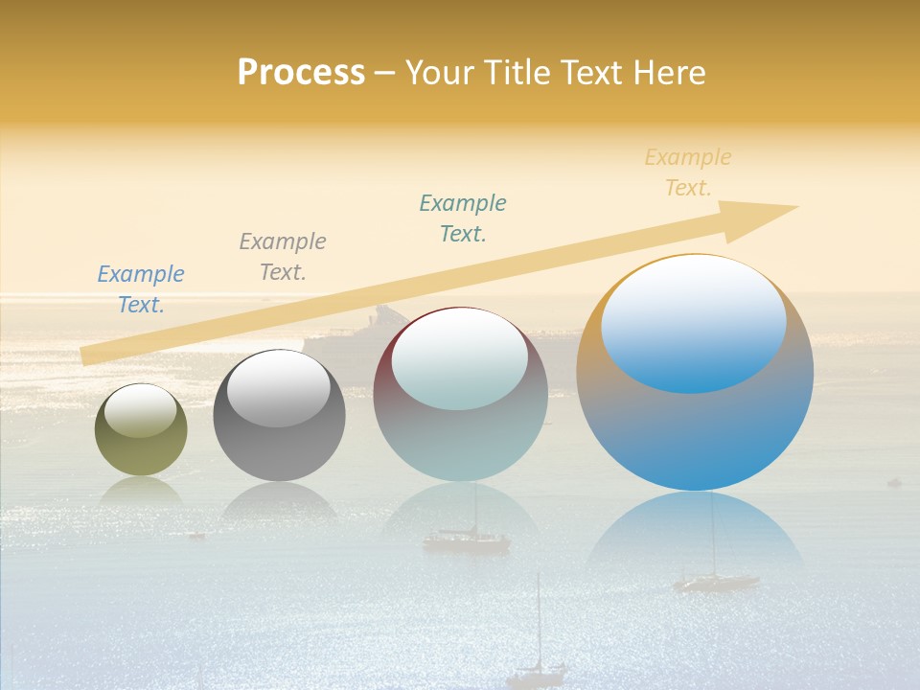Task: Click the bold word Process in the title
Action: (x=301, y=72)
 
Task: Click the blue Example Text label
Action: (x=141, y=289)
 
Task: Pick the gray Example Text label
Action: (x=283, y=257)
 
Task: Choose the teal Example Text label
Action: (x=463, y=218)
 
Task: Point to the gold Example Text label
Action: (x=688, y=172)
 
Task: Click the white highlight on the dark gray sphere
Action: (x=279, y=388)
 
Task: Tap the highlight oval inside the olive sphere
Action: (x=141, y=410)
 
